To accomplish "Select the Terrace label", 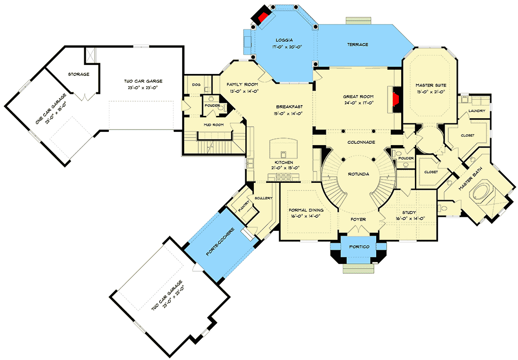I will coord(358,44).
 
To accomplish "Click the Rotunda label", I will coord(359,174).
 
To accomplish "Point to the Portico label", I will coord(359,247).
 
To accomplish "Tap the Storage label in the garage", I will coord(79,74).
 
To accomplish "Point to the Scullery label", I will coord(263,198).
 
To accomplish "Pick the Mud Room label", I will coord(213,125).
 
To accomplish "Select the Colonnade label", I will coord(358,141).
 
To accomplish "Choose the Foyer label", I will coord(359,220).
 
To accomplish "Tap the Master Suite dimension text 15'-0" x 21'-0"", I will coord(430,91).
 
